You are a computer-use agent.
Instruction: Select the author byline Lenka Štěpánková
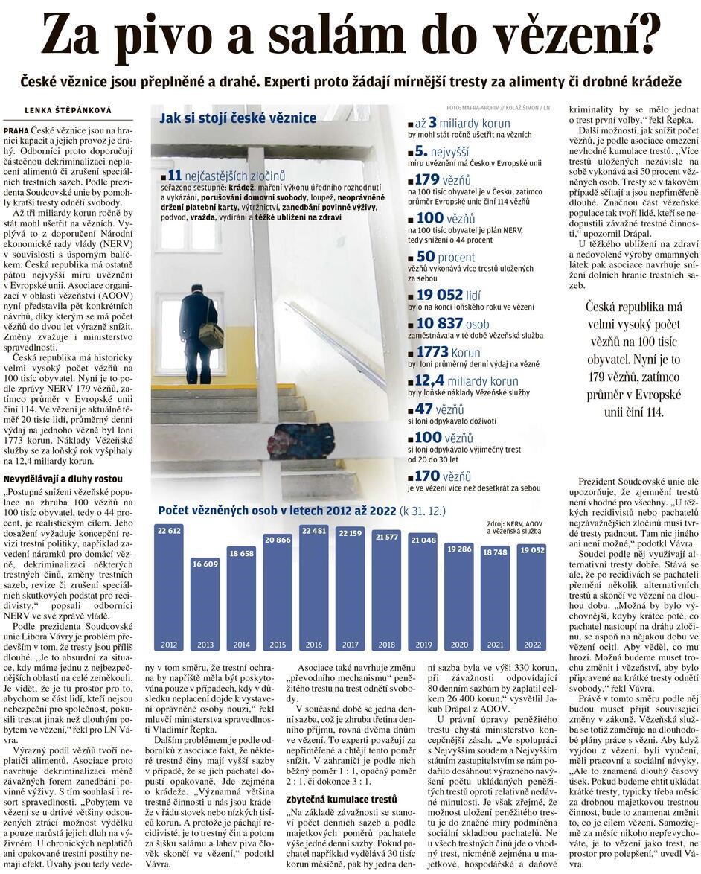point(68,110)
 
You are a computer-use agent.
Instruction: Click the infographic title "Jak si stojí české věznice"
point(237,118)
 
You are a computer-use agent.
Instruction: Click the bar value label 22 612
point(168,531)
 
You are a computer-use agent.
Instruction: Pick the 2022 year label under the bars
point(532,644)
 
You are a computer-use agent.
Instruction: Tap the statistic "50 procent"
point(446,255)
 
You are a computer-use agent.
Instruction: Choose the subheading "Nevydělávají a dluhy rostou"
point(63,479)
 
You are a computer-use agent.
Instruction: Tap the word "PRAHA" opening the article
point(16,130)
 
